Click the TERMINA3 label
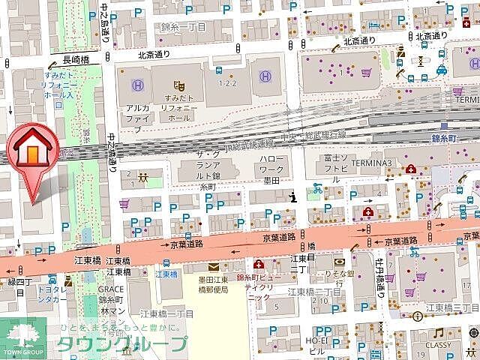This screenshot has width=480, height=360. click(x=388, y=163)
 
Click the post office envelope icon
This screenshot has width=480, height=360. click(x=213, y=267)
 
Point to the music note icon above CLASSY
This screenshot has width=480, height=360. click(x=436, y=332)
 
